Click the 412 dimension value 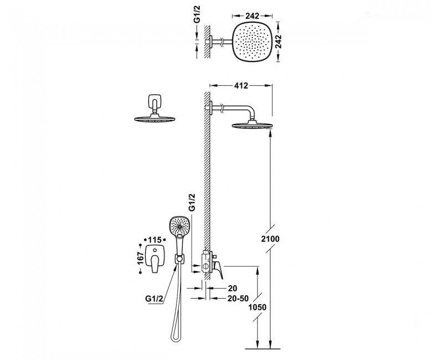pos(241,86)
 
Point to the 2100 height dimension pos(270,239)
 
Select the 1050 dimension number pos(258,307)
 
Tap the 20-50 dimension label pos(238,299)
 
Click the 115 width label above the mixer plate pos(155,240)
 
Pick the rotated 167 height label pos(141,258)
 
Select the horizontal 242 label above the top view pos(253,16)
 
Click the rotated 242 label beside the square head pos(279,42)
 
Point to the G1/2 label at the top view pos(197,16)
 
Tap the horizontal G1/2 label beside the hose pos(155,299)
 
